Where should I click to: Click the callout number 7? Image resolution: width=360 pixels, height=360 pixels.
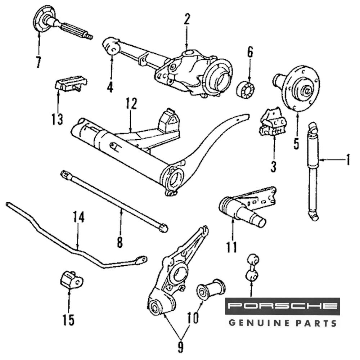click(x=39, y=62)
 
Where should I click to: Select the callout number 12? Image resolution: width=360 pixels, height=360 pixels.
click(x=131, y=104)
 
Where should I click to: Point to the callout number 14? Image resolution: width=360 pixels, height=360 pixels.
click(x=78, y=217)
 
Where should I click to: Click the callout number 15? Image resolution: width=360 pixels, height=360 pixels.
click(x=68, y=319)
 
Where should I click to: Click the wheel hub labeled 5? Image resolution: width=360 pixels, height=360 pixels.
click(x=297, y=86)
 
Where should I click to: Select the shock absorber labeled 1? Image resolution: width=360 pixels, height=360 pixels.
click(x=313, y=169)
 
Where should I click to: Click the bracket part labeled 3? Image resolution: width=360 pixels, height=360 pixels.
click(x=273, y=122)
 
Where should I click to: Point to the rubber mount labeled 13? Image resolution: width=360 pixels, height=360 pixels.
click(x=71, y=84)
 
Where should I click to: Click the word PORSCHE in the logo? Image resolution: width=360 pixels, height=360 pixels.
click(x=282, y=306)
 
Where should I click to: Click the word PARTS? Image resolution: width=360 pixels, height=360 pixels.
click(x=316, y=323)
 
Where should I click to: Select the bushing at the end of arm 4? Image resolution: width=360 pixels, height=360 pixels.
click(x=112, y=46)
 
